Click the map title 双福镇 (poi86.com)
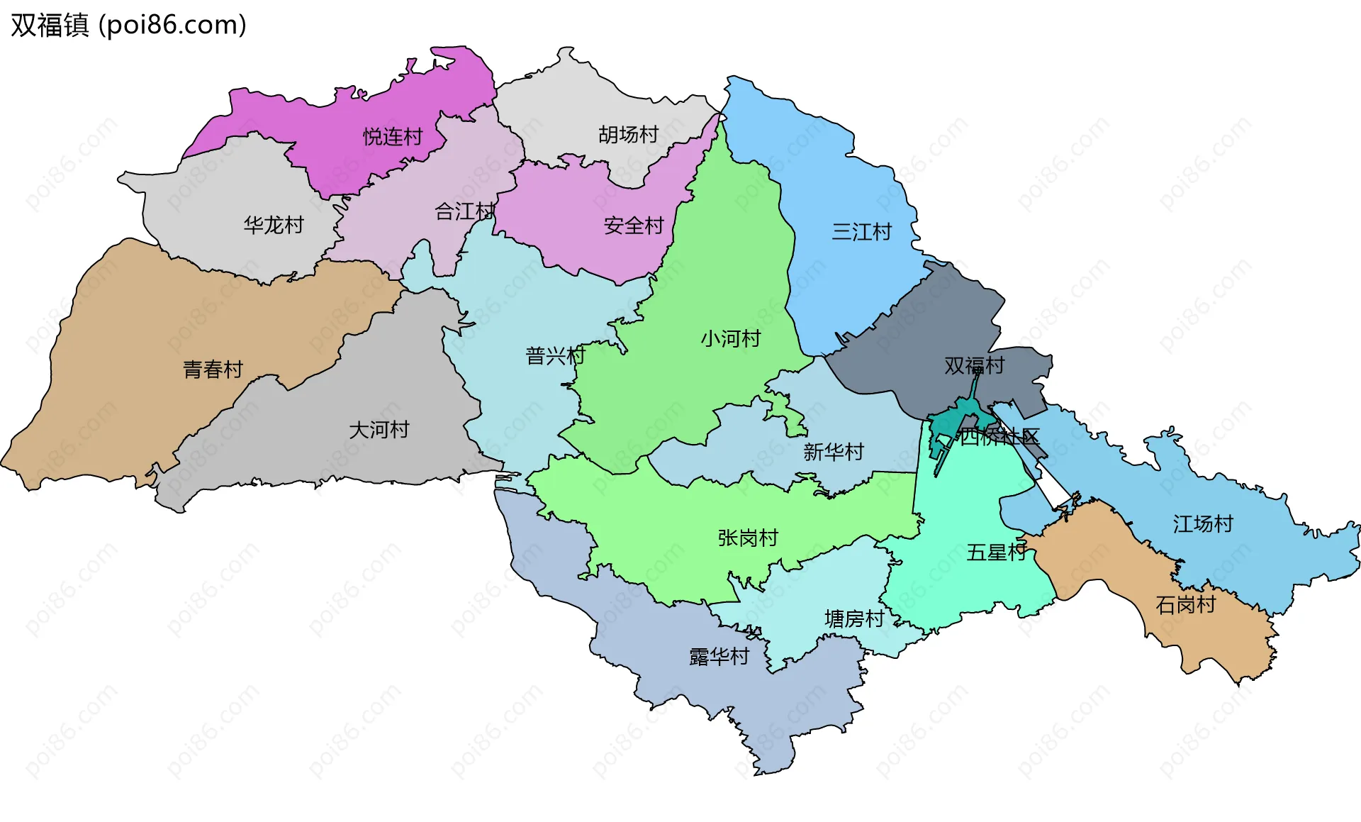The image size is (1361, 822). click(128, 25)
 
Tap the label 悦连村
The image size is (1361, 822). click(393, 136)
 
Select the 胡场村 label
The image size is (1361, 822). click(628, 134)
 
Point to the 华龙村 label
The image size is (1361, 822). click(274, 225)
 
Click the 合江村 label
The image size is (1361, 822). click(464, 211)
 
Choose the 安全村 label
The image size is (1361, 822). click(633, 226)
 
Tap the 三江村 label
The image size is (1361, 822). click(861, 231)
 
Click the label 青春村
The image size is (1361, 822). click(213, 369)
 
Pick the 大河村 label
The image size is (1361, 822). click(379, 429)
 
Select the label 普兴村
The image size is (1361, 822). click(555, 355)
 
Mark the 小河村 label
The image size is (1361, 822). click(730, 338)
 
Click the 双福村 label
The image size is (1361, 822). click(974, 365)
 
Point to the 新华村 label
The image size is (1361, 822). click(833, 452)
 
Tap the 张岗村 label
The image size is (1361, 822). click(748, 538)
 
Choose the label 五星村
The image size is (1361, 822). click(996, 552)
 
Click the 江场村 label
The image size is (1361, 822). click(1203, 523)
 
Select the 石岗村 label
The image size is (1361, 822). click(1185, 604)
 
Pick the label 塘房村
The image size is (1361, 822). click(854, 618)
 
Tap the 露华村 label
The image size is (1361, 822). click(719, 656)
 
